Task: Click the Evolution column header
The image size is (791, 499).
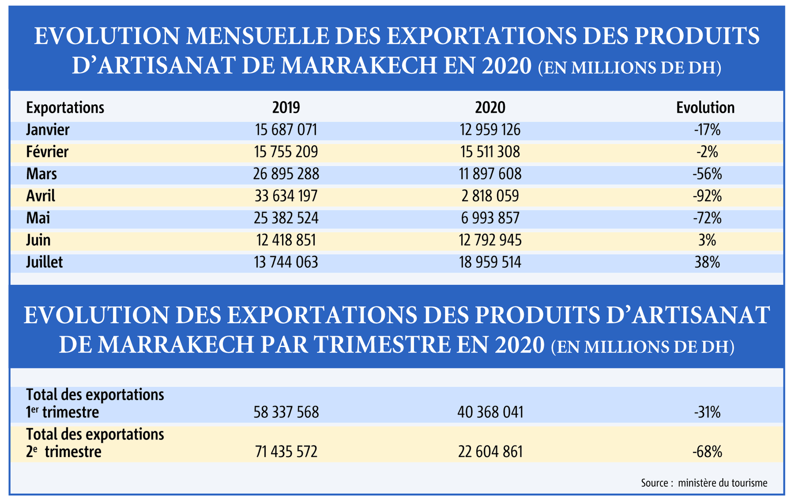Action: coord(705,108)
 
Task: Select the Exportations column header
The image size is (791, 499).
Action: coord(65,108)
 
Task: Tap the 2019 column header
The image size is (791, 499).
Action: coord(286,108)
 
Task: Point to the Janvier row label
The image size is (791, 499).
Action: coord(48,130)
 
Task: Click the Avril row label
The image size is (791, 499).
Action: coord(41,196)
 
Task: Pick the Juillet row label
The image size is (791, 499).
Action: coord(44,262)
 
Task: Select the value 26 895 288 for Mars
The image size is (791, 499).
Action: coord(286,174)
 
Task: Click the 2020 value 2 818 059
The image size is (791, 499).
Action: coord(490,196)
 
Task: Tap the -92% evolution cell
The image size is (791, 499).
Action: coord(707,196)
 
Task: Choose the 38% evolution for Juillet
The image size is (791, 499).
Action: coord(707,262)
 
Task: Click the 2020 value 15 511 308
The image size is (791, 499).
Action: coord(490,152)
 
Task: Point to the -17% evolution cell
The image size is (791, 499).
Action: coord(707,130)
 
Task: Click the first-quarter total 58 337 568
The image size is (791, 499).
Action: coord(286,412)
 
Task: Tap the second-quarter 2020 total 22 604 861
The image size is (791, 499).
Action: coord(490,452)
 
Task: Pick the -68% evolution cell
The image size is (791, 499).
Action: coord(707,452)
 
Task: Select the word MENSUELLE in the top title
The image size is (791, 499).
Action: coord(257,36)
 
